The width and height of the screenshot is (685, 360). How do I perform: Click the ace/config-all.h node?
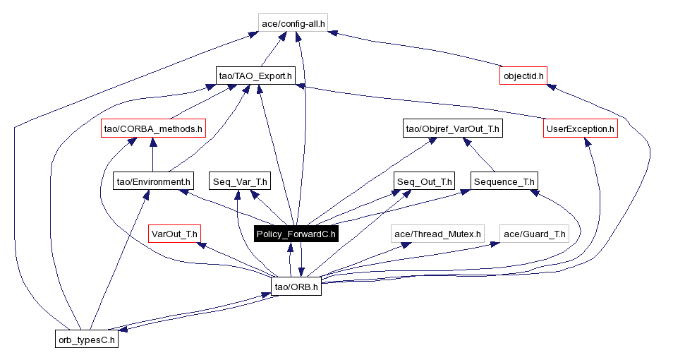(293, 23)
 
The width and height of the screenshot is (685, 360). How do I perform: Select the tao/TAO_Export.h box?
(255, 76)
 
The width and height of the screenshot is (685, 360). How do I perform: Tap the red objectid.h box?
(523, 76)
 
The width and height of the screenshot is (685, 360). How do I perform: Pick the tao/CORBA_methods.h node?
(153, 128)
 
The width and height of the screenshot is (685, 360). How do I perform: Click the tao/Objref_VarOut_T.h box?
(452, 128)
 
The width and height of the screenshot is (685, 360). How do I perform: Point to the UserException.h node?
(581, 128)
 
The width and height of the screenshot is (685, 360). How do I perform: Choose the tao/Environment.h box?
(153, 181)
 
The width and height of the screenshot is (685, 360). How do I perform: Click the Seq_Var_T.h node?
(240, 181)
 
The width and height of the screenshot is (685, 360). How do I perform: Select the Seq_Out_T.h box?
(425, 181)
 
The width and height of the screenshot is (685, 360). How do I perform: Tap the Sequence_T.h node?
(504, 181)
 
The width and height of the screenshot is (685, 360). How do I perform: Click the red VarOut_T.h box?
(175, 234)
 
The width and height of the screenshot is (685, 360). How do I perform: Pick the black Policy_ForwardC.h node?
(296, 234)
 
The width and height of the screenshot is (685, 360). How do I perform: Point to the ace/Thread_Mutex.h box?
(437, 234)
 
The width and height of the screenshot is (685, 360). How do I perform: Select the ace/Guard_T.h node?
(534, 234)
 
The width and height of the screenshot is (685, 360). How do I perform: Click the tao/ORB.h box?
(296, 286)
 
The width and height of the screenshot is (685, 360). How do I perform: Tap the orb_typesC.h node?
(86, 339)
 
